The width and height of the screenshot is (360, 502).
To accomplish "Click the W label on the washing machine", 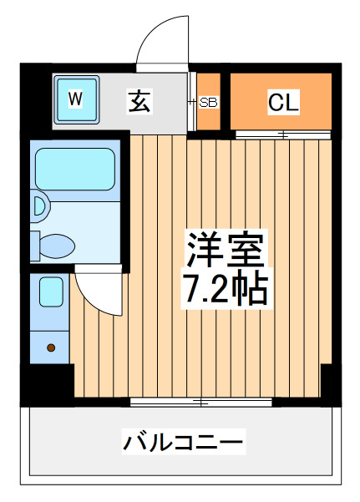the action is coord(75,99).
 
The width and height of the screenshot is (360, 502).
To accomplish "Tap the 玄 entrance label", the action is coord(139,101).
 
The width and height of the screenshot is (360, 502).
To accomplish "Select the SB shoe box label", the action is coord(208,102).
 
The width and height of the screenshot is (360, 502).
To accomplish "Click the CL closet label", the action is coord(283,102).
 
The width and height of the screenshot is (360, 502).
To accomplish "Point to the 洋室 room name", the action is coord(226,250).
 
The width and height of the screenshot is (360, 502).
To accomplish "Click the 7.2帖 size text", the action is coord(226,288).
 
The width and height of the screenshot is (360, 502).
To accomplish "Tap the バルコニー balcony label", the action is coord(183,442).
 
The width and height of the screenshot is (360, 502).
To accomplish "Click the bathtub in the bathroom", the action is coord(75,169).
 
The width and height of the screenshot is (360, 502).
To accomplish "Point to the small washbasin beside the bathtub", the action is coord(41,206).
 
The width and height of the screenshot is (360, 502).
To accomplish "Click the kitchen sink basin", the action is coord(51,292).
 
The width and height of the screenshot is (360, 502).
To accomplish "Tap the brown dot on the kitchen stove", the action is coord(51,347).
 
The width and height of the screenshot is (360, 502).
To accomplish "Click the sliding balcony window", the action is coord(201,402).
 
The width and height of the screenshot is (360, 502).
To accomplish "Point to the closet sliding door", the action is coord(283,134).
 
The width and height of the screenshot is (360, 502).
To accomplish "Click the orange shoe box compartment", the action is coord(208,102).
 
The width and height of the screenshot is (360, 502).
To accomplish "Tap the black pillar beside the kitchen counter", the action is coord(48,384).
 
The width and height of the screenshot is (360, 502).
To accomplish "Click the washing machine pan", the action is coord(76,99).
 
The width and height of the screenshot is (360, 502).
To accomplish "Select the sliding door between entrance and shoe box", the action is coord(191,102).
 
